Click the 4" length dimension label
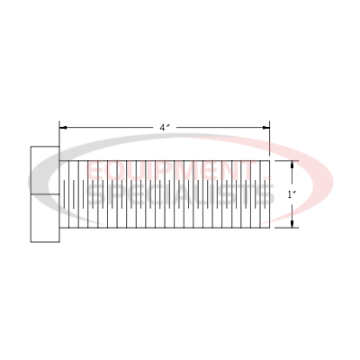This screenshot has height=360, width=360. [x=165, y=128]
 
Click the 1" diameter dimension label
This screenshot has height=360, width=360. [x=290, y=193]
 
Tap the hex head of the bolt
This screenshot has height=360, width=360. [x=45, y=193]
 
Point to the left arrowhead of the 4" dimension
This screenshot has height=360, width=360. [x=62, y=128]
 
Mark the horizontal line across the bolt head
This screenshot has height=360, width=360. [x=45, y=193]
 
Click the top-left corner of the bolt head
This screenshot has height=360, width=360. [x=32, y=147]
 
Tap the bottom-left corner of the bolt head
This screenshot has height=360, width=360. [x=32, y=241]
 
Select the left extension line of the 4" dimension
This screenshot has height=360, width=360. [x=59, y=139]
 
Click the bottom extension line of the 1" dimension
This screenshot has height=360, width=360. [x=286, y=228]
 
